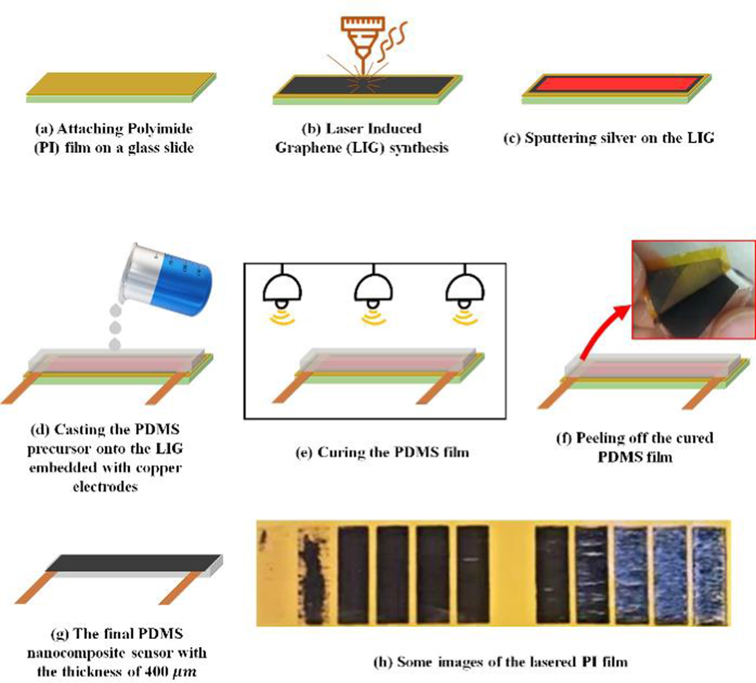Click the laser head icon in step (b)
[x=362, y=45]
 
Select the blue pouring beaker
[x=170, y=279]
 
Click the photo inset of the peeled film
[x=694, y=289]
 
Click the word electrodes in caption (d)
[x=105, y=486]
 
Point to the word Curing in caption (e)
[x=341, y=452]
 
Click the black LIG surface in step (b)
[x=366, y=86]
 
